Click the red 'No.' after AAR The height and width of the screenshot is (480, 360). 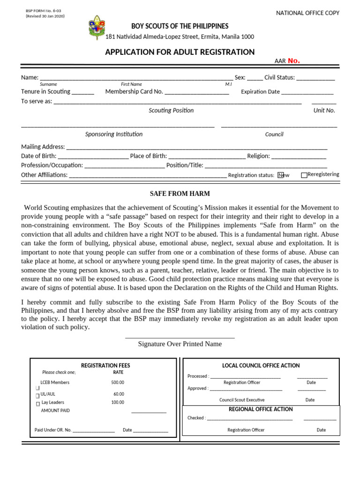tap(293, 60)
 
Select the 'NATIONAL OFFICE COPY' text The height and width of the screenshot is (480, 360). tap(307, 13)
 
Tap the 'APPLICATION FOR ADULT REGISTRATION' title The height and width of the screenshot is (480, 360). tap(180, 52)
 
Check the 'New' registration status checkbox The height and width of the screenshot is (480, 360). tap(280, 175)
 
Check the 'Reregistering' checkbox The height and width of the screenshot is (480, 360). tap(304, 175)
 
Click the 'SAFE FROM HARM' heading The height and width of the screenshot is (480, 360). tap(180, 194)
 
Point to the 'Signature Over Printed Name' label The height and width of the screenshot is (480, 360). tap(180, 344)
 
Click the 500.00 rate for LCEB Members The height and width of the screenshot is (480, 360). tap(118, 382)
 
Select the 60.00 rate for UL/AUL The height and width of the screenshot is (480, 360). tap(119, 394)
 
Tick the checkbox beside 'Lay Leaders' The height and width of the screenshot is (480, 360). tap(38, 404)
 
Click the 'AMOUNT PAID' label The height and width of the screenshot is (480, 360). tap(55, 411)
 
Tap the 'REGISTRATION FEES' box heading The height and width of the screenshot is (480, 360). tap(105, 366)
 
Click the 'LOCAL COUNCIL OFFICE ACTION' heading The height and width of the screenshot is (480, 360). tap(261, 366)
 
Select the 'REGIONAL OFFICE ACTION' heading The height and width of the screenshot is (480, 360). tap(261, 409)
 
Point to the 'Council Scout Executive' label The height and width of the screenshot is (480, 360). tap(242, 400)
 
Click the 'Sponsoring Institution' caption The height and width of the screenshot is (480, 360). tap(114, 134)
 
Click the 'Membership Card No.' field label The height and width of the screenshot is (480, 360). tap(134, 92)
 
